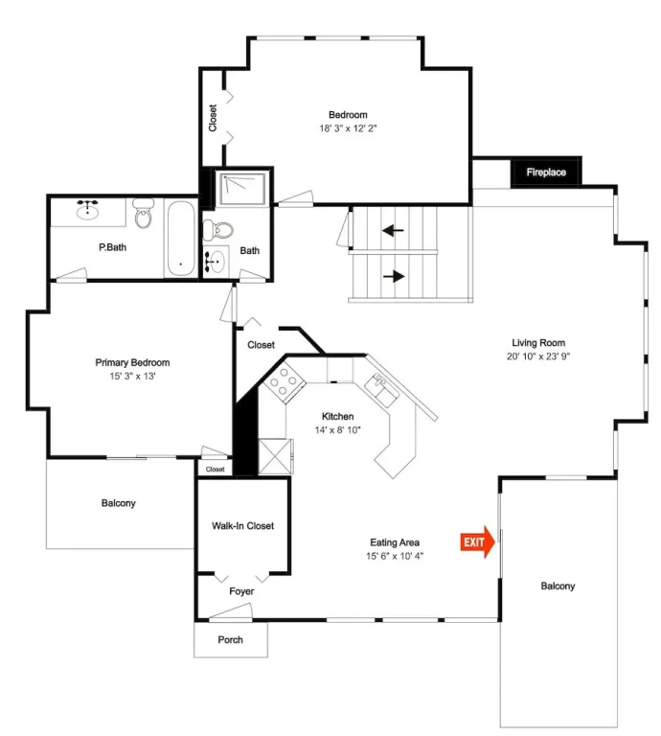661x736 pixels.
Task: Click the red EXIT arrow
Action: coord(477,542)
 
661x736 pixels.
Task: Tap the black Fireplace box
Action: coord(546,172)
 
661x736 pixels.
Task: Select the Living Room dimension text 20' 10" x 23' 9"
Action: coord(538,356)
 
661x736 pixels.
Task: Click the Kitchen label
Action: coord(338,416)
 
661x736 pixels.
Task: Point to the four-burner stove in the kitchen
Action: coord(284,383)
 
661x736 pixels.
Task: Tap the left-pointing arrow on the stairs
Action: coord(393,230)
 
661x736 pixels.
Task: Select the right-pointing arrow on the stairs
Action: coord(394,276)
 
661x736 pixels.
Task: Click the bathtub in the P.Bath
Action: coord(181,239)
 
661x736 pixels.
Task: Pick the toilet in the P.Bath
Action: coord(143,214)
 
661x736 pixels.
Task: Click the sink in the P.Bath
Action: coord(88,210)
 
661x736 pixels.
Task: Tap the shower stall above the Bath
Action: coord(242,188)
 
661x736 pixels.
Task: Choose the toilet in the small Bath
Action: coord(218,230)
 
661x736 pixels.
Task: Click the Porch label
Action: coord(230,640)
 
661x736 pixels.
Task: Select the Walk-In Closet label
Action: coord(242,526)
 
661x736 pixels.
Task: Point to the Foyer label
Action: coord(241,591)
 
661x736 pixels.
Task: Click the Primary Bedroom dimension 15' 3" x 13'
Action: coord(132,376)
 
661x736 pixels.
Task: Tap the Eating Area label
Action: coord(395,542)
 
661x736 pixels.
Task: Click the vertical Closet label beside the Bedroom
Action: coord(213,118)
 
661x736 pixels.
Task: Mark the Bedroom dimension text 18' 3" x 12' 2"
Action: coord(348,128)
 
